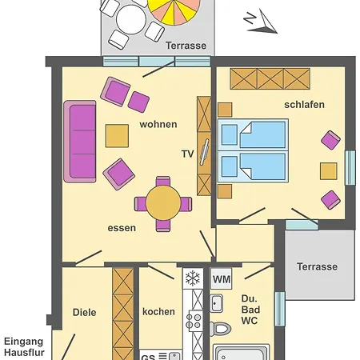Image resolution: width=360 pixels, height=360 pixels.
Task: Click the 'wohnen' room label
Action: click(158, 125)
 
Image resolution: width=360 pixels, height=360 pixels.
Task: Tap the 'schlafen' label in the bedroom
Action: click(304, 105)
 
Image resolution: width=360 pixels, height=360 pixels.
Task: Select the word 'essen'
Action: click(122, 228)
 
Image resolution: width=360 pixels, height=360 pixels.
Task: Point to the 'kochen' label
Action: click(158, 311)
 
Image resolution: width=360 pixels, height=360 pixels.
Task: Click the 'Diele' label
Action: click(85, 312)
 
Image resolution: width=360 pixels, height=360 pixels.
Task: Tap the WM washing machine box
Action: click(222, 279)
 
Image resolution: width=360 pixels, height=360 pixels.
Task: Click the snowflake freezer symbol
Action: click(193, 278)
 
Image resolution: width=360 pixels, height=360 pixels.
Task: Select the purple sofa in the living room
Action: click(80, 142)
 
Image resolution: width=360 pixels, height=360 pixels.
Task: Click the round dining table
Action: click(163, 202)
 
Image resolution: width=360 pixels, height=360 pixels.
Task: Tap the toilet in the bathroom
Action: click(220, 329)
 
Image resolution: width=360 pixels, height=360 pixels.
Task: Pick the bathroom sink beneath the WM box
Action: click(216, 303)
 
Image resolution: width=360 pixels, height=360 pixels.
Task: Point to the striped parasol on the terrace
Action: click(174, 10)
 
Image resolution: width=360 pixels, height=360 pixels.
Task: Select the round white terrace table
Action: click(131, 19)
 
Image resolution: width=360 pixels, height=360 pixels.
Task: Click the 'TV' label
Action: click(187, 154)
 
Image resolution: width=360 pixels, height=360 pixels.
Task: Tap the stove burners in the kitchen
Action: click(194, 321)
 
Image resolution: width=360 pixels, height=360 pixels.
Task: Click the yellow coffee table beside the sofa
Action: click(117, 136)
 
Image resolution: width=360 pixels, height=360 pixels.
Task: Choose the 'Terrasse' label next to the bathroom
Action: click(317, 266)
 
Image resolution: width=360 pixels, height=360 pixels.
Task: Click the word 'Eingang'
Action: click(23, 342)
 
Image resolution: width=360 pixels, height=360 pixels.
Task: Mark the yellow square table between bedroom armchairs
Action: click(329, 171)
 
